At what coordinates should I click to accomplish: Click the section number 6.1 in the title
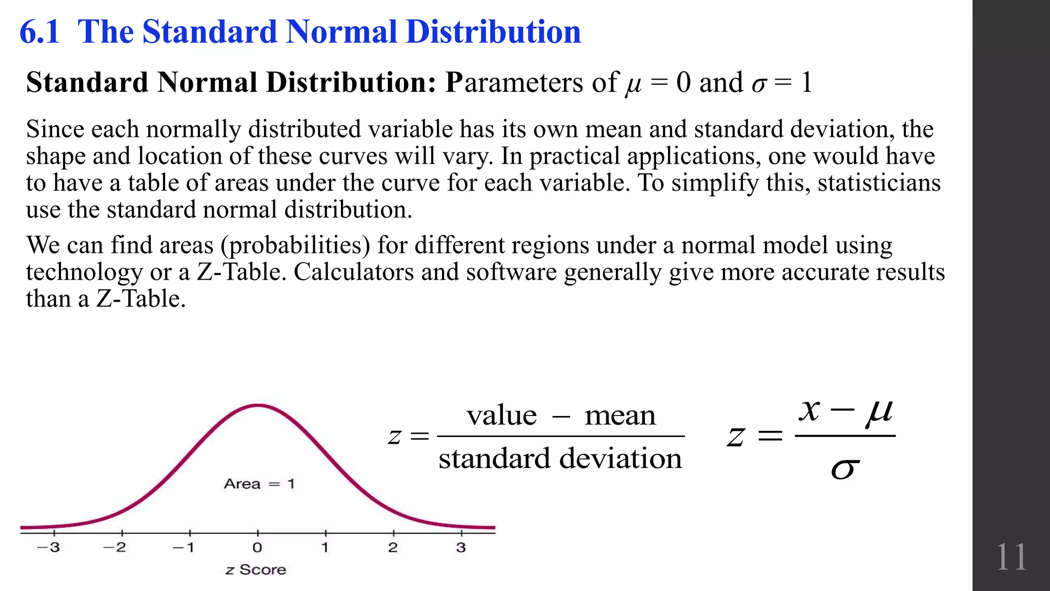pyautogui.click(x=39, y=32)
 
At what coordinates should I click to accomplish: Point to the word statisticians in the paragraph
pyautogui.click(x=879, y=183)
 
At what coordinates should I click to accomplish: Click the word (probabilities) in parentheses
pyautogui.click(x=295, y=245)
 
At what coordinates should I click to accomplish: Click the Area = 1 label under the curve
pyautogui.click(x=259, y=484)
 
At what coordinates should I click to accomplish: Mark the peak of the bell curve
pyautogui.click(x=258, y=405)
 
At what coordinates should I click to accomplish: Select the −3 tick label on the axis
pyautogui.click(x=48, y=547)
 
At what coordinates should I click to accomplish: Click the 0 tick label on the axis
pyautogui.click(x=257, y=547)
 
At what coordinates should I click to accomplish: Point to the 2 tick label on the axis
pyautogui.click(x=393, y=547)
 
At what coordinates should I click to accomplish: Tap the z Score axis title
pyautogui.click(x=255, y=570)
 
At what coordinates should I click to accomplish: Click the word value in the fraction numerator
pyautogui.click(x=501, y=415)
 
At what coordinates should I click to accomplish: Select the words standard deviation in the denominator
pyautogui.click(x=560, y=458)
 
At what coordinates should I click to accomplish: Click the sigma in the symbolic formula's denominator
pyautogui.click(x=844, y=468)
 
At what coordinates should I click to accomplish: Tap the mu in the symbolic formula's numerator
pyautogui.click(x=879, y=411)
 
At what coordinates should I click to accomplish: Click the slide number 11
pyautogui.click(x=1011, y=557)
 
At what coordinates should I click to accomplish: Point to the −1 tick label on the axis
pyautogui.click(x=184, y=547)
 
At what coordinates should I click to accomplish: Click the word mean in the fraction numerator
pyautogui.click(x=620, y=415)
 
